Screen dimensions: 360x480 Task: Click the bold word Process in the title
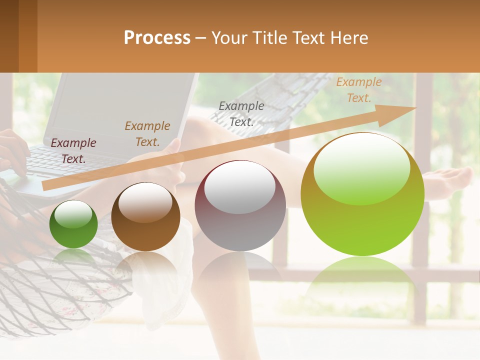(x=157, y=38)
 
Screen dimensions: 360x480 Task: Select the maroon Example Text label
(x=73, y=151)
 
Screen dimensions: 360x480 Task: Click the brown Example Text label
(x=147, y=134)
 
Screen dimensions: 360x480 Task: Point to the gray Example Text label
(x=241, y=113)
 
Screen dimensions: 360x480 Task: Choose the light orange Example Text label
(x=359, y=90)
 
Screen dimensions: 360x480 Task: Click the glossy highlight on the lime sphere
(x=362, y=167)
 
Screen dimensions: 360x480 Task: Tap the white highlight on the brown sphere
(x=145, y=201)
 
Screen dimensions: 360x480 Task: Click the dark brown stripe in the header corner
(x=9, y=36)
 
